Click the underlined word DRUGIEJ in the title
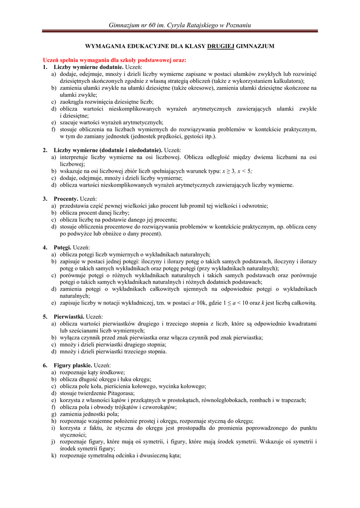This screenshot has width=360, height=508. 220,46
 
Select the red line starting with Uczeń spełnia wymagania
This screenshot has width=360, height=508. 114,60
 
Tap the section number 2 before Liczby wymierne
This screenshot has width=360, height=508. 45,150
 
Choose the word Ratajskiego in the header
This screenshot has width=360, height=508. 198,25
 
